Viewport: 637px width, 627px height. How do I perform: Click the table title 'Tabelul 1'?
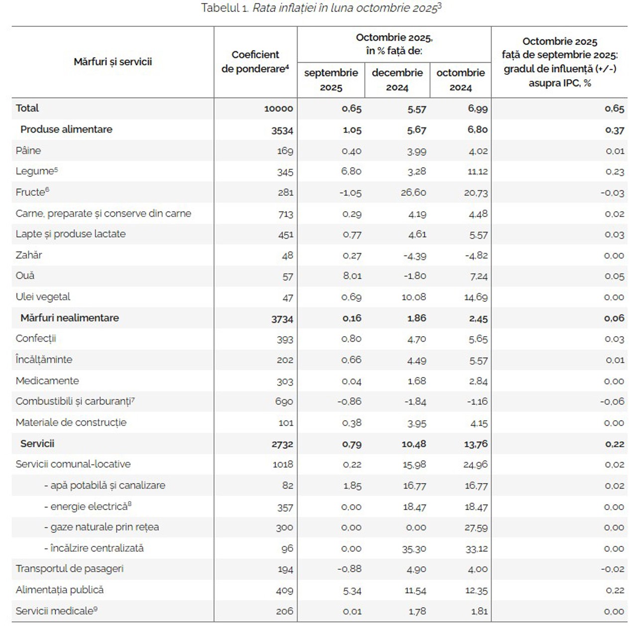(x=224, y=8)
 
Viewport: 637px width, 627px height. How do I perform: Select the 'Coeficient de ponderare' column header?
(x=255, y=62)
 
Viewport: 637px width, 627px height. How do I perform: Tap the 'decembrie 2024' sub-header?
(x=397, y=80)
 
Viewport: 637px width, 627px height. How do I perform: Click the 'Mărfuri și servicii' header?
(x=112, y=62)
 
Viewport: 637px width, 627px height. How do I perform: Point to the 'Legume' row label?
(x=35, y=171)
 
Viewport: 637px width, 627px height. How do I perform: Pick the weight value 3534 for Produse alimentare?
(x=282, y=130)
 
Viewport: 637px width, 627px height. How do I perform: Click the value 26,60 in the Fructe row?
(x=414, y=193)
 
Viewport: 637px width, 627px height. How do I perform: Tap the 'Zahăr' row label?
(x=29, y=255)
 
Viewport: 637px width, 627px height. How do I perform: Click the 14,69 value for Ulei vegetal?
(x=476, y=297)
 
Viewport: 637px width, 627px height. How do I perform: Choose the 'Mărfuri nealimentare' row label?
(x=70, y=318)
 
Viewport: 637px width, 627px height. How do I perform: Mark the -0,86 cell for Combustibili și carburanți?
(x=349, y=401)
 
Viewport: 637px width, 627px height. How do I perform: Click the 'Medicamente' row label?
(x=47, y=381)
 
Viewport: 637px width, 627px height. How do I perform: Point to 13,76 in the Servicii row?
(x=476, y=444)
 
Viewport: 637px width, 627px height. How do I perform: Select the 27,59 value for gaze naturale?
(x=476, y=527)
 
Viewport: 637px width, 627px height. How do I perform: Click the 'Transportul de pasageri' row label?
(x=70, y=569)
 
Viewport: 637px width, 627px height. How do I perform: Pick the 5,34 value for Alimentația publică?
(x=351, y=591)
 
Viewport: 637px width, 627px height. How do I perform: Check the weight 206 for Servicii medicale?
(x=285, y=611)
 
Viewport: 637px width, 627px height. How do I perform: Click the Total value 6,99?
(x=478, y=109)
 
